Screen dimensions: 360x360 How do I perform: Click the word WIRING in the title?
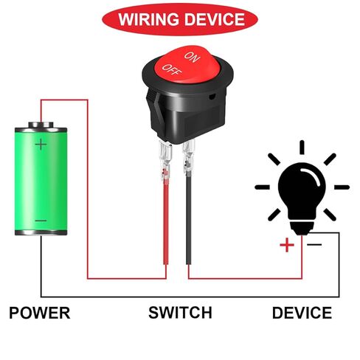click(x=148, y=19)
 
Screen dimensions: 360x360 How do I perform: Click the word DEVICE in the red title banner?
click(x=215, y=19)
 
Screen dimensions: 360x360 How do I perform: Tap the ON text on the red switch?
click(x=192, y=57)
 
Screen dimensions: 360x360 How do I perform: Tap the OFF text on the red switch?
click(x=172, y=70)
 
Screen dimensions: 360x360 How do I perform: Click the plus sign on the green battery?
click(x=41, y=145)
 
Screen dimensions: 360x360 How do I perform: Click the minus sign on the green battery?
click(x=41, y=221)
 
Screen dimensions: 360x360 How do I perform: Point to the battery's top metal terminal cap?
click(x=41, y=125)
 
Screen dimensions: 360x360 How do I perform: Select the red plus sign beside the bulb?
click(x=287, y=245)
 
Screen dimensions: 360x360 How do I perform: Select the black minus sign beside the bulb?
click(x=314, y=244)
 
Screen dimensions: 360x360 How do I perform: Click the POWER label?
click(x=40, y=313)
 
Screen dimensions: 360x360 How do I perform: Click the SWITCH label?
click(x=180, y=313)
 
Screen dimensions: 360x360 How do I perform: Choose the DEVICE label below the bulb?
click(x=302, y=313)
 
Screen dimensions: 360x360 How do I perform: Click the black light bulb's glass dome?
click(x=302, y=190)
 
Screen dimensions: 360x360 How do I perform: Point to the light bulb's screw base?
click(x=302, y=228)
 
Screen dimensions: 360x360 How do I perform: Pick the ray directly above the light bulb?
click(x=302, y=148)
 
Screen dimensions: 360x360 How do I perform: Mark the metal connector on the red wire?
click(x=165, y=160)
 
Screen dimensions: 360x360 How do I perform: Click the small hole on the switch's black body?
click(x=211, y=97)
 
